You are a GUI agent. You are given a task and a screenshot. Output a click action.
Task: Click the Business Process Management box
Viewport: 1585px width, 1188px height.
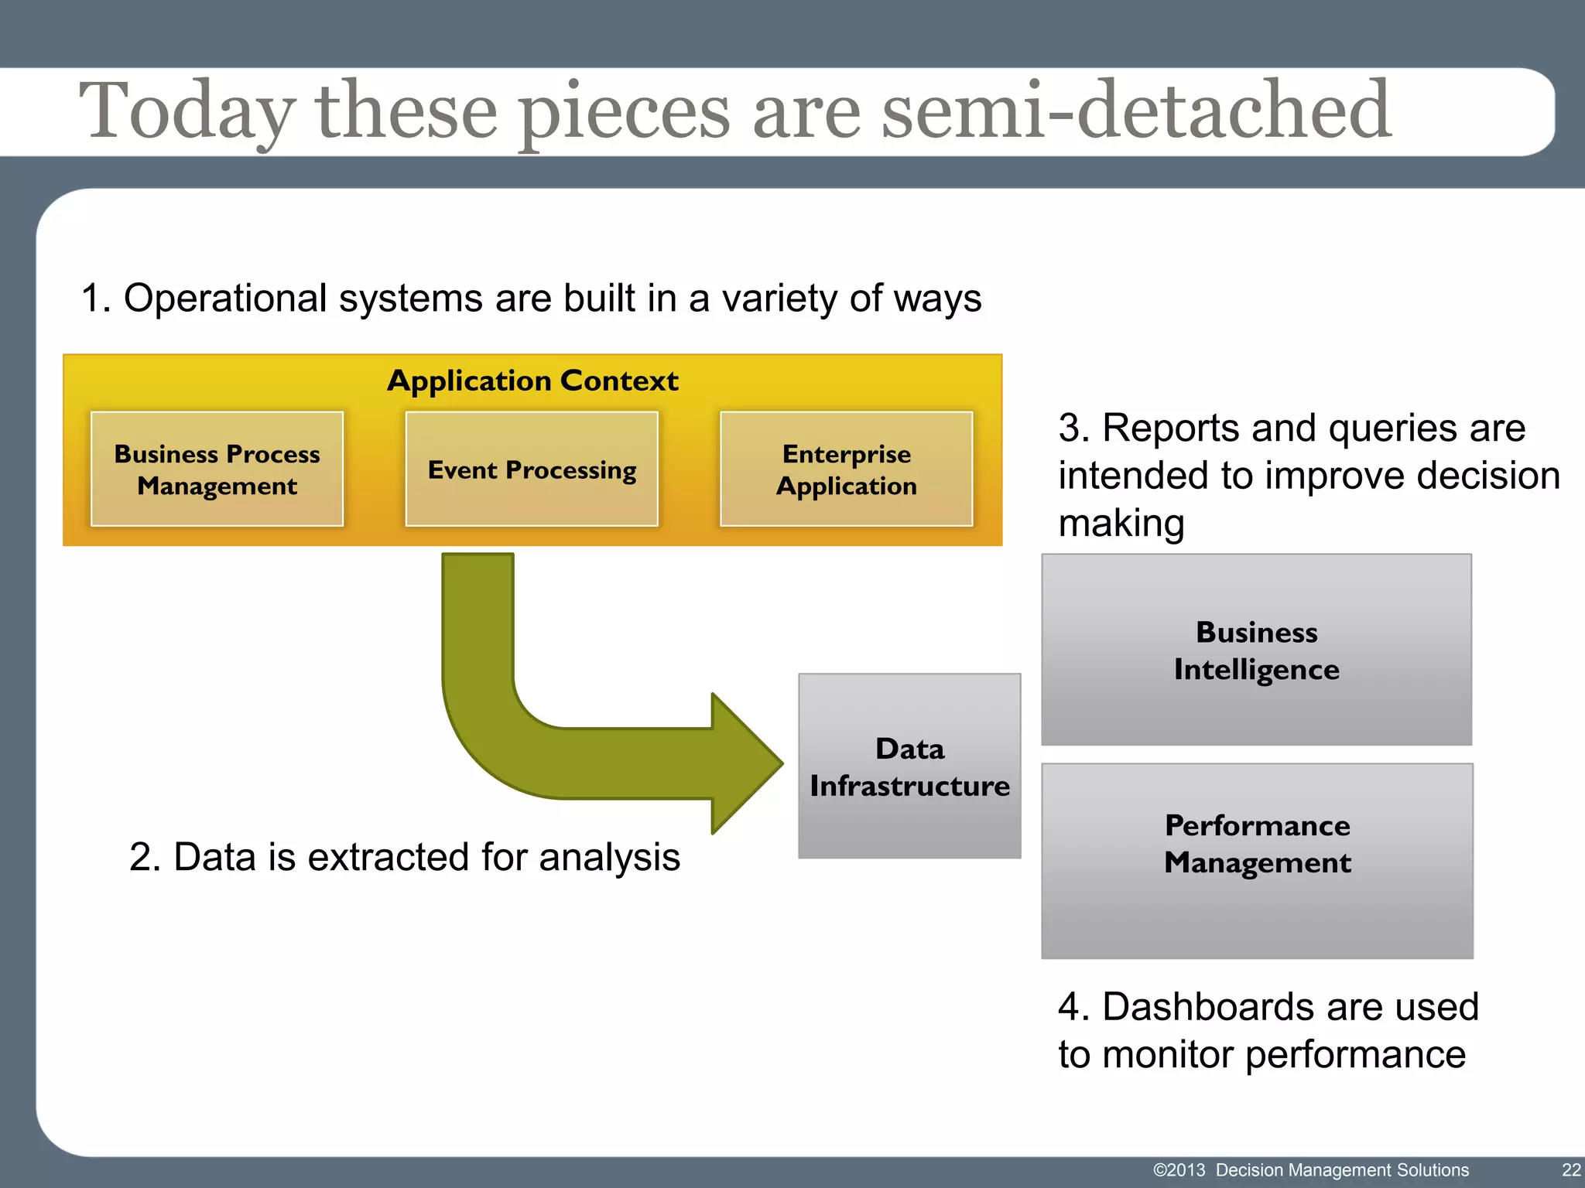click(x=217, y=469)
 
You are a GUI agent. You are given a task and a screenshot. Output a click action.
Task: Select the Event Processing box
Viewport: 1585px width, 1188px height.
click(x=532, y=469)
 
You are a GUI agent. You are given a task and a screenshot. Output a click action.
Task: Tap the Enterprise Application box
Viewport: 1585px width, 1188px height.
click(x=846, y=469)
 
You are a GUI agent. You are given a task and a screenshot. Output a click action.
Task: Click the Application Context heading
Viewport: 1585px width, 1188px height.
click(x=532, y=381)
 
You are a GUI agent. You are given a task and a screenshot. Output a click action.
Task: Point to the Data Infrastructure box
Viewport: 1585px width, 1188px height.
click(x=909, y=766)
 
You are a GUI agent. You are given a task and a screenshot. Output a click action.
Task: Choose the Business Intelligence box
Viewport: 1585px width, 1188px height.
click(x=1256, y=650)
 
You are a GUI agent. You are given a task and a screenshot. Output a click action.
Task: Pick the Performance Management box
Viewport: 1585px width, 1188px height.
click(x=1257, y=860)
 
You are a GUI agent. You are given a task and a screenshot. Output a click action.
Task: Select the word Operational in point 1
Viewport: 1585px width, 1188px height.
click(x=225, y=299)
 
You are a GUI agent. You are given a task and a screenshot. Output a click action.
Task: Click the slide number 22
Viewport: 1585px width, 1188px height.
click(x=1571, y=1169)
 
